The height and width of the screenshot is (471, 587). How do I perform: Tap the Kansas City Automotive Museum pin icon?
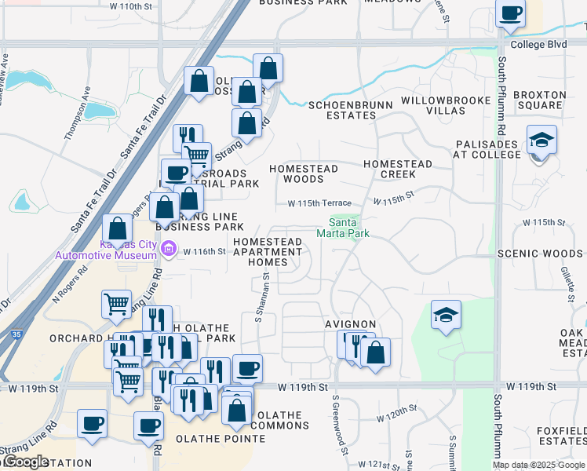167,250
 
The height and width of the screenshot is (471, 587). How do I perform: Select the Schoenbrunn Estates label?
342,110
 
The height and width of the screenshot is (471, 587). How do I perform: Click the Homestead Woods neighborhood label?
303,173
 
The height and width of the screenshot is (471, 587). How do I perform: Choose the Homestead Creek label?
397,169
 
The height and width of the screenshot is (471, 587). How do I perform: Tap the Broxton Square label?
538,100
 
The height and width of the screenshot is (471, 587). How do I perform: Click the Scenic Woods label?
550,254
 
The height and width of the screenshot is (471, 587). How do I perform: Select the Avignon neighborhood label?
351,324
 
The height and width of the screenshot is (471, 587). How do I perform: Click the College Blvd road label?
538,45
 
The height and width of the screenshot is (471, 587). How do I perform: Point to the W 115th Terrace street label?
319,203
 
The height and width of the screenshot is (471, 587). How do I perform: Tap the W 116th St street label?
204,252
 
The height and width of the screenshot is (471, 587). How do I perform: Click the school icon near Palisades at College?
542,141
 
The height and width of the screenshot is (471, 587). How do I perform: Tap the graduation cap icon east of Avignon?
447,316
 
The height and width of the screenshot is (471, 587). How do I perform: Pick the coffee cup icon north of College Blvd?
511,13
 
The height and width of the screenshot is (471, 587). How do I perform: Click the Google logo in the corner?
27,462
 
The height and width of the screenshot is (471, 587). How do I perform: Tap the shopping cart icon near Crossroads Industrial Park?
196,155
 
